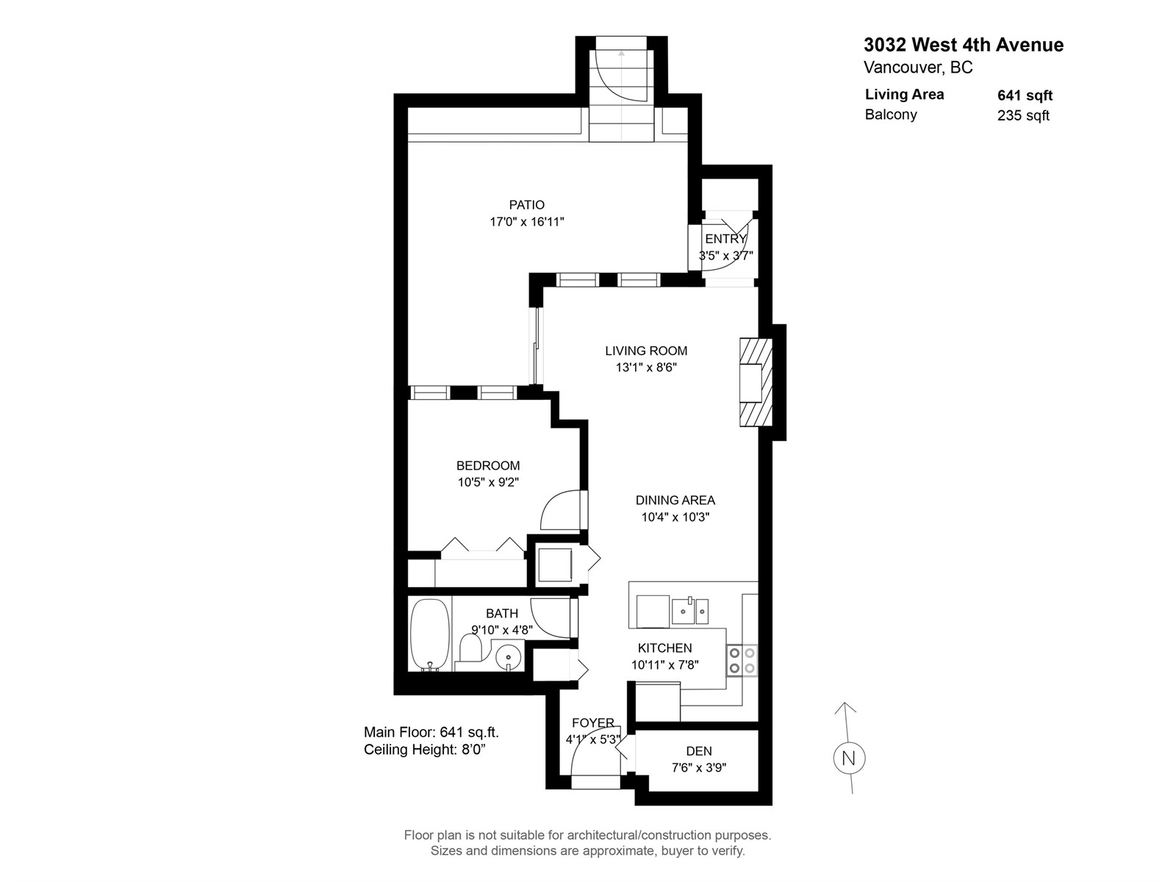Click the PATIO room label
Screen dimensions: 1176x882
tap(527, 204)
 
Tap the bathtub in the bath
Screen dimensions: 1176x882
tap(430, 634)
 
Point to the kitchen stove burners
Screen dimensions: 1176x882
tap(742, 660)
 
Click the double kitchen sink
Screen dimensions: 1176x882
tap(690, 611)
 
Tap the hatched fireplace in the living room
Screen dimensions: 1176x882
tap(756, 382)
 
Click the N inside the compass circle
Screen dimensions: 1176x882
tap(849, 759)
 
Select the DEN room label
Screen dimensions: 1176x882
tap(699, 750)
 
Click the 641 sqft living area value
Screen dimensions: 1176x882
tap(1025, 96)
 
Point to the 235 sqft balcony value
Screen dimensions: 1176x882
tap(1023, 115)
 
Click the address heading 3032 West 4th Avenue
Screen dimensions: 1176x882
tap(964, 44)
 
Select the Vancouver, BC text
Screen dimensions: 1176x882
tap(918, 68)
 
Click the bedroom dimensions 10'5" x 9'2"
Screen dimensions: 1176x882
tap(488, 482)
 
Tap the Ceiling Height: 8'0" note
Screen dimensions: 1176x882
tap(425, 749)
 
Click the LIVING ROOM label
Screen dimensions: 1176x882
tap(646, 351)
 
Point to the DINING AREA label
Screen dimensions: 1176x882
tap(675, 501)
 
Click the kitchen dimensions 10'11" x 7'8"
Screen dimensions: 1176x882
tap(665, 665)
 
